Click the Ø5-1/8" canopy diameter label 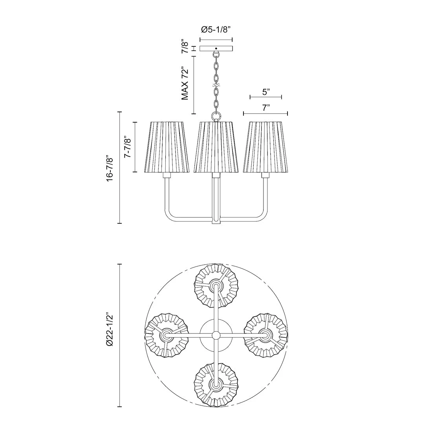coord(216,29)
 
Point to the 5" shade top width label coord(266,92)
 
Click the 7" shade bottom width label coord(266,108)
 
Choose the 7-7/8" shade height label coord(126,147)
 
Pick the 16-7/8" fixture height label coord(110,168)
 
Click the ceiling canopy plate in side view coord(216,49)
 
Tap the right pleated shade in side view coord(265,147)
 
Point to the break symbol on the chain coord(216,85)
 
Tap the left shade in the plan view coord(167,335)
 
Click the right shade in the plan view coord(266,335)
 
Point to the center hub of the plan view coord(216,335)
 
